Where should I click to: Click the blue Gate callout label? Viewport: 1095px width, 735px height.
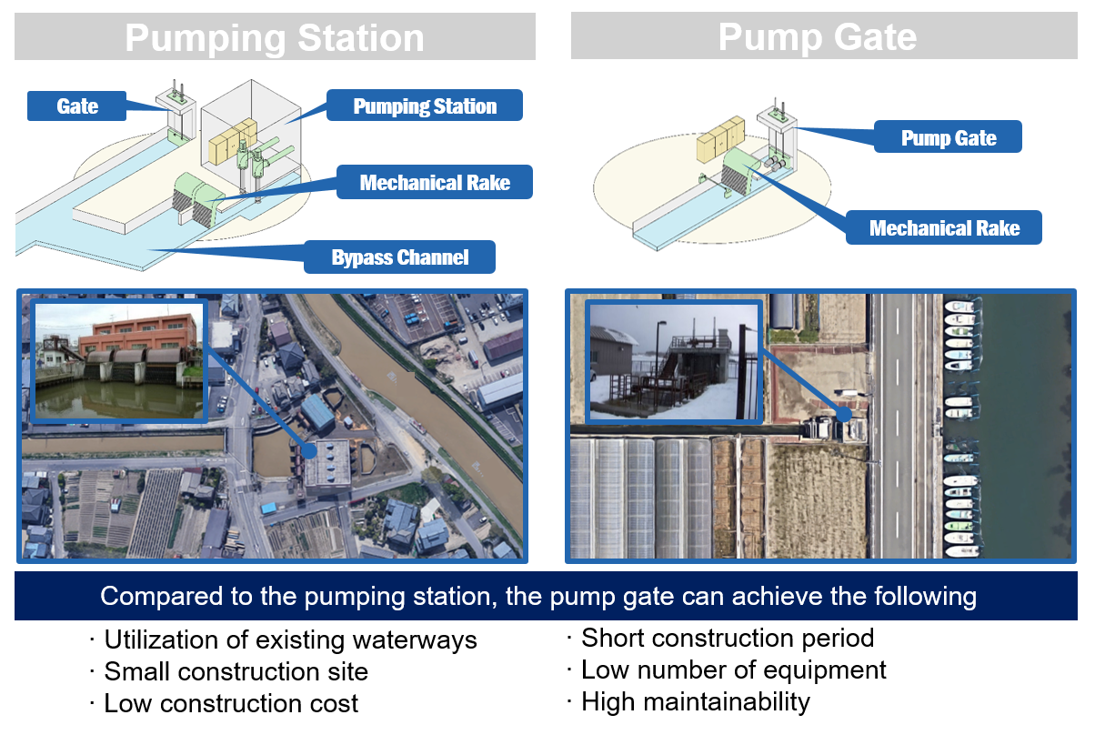pos(76,106)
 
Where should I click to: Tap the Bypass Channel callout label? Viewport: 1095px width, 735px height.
pos(399,257)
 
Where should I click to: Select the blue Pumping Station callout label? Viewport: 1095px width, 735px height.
pos(425,106)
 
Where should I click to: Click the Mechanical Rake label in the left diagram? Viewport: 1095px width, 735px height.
pos(435,182)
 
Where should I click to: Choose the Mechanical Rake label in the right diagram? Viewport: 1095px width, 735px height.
pos(944,227)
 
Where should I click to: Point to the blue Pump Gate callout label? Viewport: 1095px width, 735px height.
pos(948,137)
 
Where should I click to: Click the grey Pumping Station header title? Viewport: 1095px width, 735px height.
pos(275,37)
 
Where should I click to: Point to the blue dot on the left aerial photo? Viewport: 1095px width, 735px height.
pos(309,450)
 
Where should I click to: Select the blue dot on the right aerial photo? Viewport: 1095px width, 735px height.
pos(844,414)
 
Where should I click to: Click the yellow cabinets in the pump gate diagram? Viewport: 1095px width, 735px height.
pos(720,139)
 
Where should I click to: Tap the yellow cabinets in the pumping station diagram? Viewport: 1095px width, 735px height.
pos(233,141)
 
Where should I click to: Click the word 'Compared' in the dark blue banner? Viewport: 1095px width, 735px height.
pos(161,597)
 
